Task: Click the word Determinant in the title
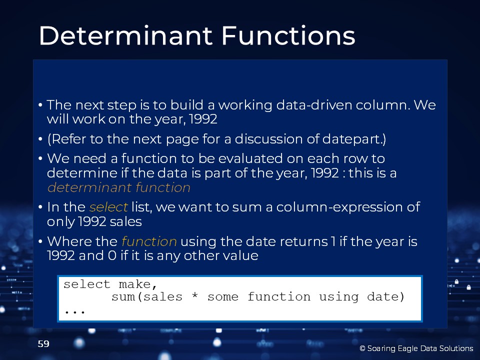pyautogui.click(x=125, y=35)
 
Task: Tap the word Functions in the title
pyautogui.click(x=288, y=35)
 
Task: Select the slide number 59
pyautogui.click(x=43, y=344)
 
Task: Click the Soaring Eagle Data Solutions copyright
pyautogui.click(x=416, y=348)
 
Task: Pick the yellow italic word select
pyautogui.click(x=108, y=207)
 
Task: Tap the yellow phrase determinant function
pyautogui.click(x=119, y=187)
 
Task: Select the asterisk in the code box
pyautogui.click(x=194, y=296)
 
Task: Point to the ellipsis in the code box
pyautogui.click(x=74, y=312)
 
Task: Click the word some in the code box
pyautogui.click(x=223, y=296)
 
